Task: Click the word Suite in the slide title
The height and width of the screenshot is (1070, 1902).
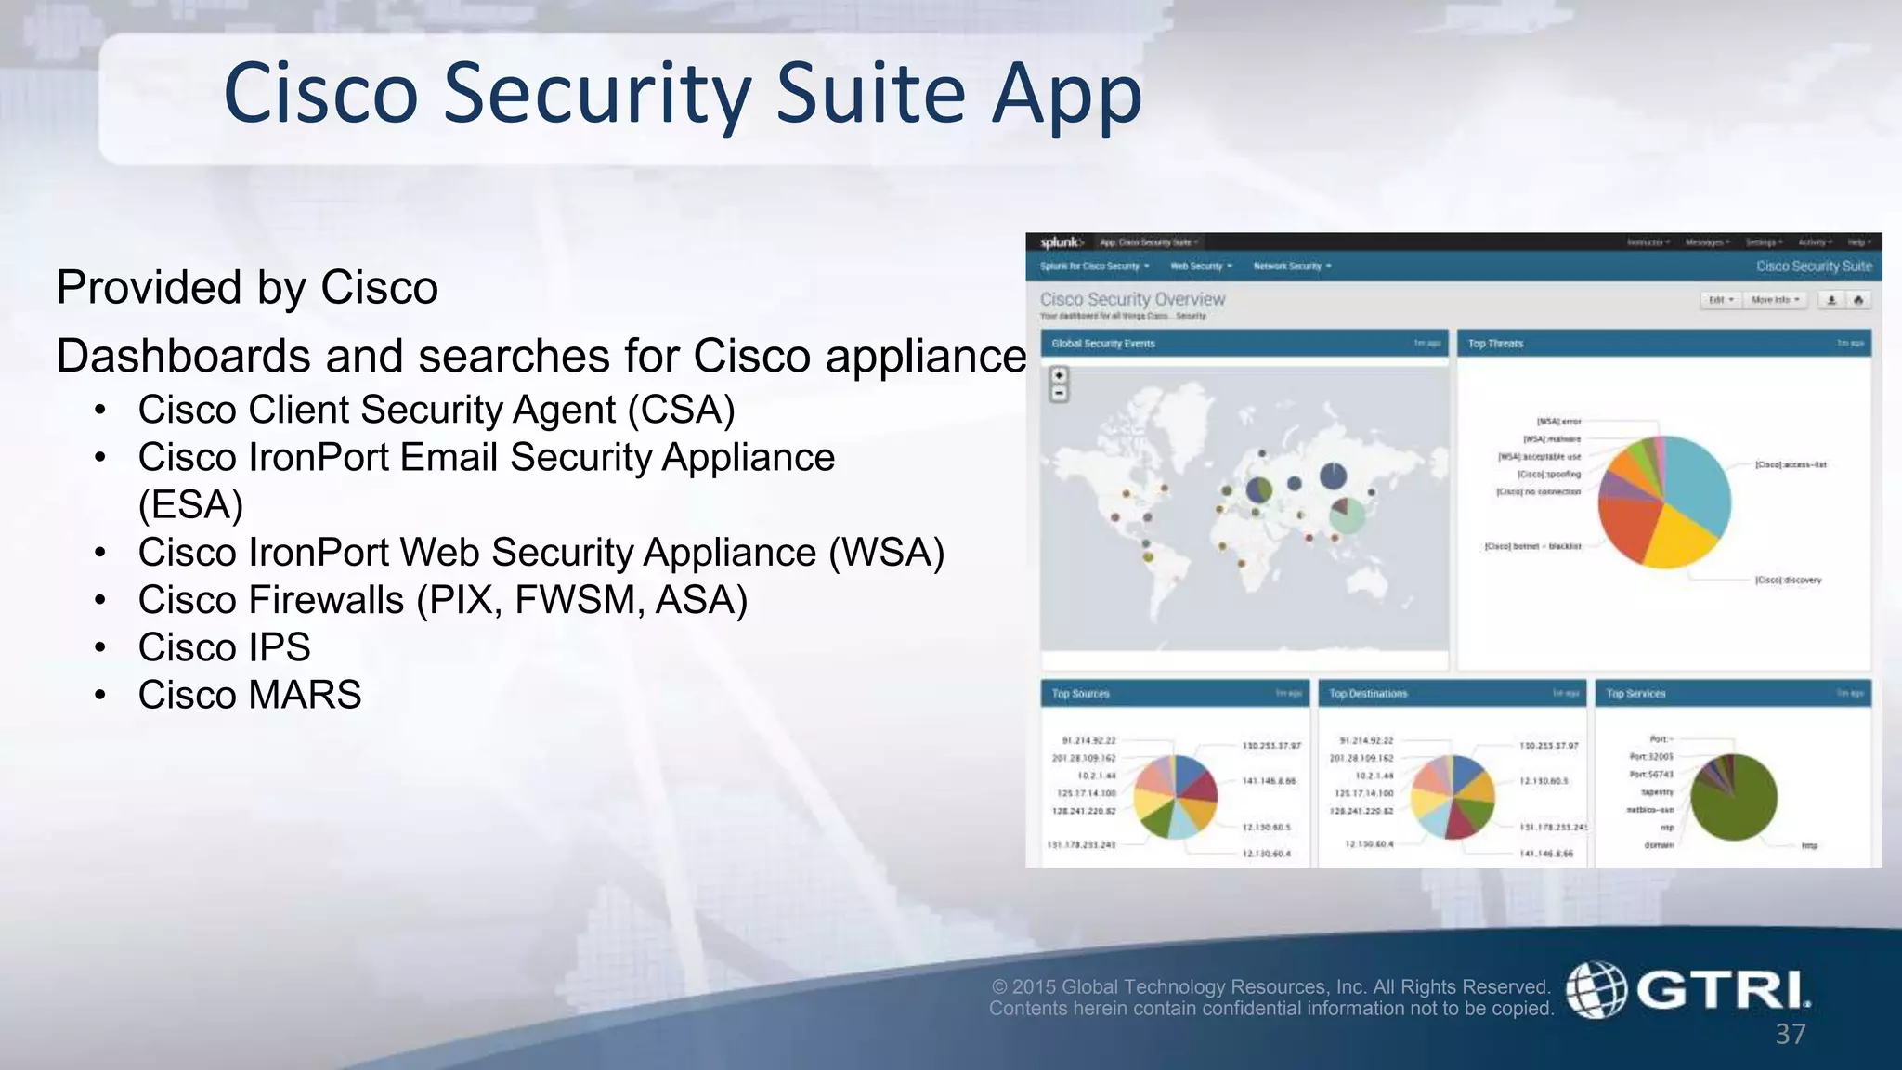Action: point(870,93)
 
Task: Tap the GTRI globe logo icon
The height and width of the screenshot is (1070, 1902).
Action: point(1596,989)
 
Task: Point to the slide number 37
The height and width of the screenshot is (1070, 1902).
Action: point(1791,1034)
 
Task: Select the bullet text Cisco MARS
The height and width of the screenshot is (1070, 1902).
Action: point(249,695)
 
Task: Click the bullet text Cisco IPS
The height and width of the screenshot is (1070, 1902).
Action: point(224,647)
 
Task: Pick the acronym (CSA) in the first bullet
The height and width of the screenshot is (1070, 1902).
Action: point(681,410)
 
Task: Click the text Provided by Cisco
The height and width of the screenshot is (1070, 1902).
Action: point(247,287)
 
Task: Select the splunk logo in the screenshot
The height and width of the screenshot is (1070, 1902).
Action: point(1061,242)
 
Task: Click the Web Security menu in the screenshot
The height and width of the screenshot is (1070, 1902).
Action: point(1200,267)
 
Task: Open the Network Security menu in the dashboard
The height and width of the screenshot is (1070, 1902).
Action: point(1291,267)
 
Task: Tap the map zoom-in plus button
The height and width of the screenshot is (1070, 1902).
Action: point(1059,375)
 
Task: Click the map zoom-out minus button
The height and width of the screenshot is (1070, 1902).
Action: point(1059,393)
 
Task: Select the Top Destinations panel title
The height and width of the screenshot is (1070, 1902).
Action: point(1368,694)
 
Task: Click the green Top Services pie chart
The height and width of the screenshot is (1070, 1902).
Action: point(1733,797)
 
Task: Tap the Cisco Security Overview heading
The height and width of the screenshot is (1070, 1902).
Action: point(1132,299)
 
